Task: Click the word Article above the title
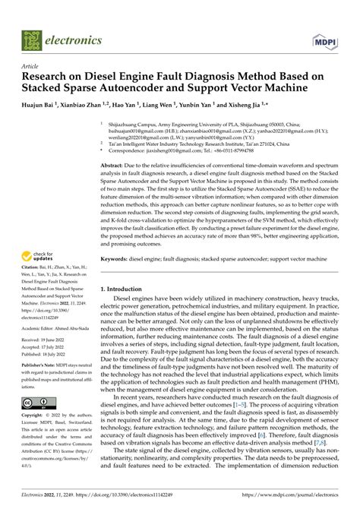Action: [30, 67]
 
